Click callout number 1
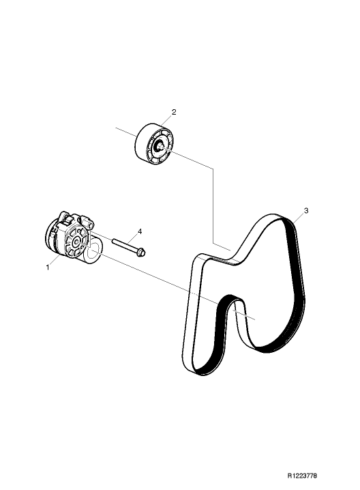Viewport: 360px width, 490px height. pyautogui.click(x=48, y=268)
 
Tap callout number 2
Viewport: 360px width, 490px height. pyautogui.click(x=174, y=112)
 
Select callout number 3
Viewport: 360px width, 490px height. pyautogui.click(x=306, y=211)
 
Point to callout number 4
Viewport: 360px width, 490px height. pyautogui.click(x=140, y=231)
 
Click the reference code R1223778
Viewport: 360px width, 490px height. pyautogui.click(x=302, y=476)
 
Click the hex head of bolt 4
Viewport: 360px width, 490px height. pyautogui.click(x=141, y=252)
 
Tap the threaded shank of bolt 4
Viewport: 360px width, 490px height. pyautogui.click(x=124, y=245)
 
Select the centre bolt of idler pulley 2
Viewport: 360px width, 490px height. pyautogui.click(x=160, y=145)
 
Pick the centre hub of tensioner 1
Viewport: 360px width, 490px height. pyautogui.click(x=76, y=242)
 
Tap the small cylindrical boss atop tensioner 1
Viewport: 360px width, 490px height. pyautogui.click(x=87, y=222)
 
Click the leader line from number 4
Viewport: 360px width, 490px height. pyautogui.click(x=132, y=240)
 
